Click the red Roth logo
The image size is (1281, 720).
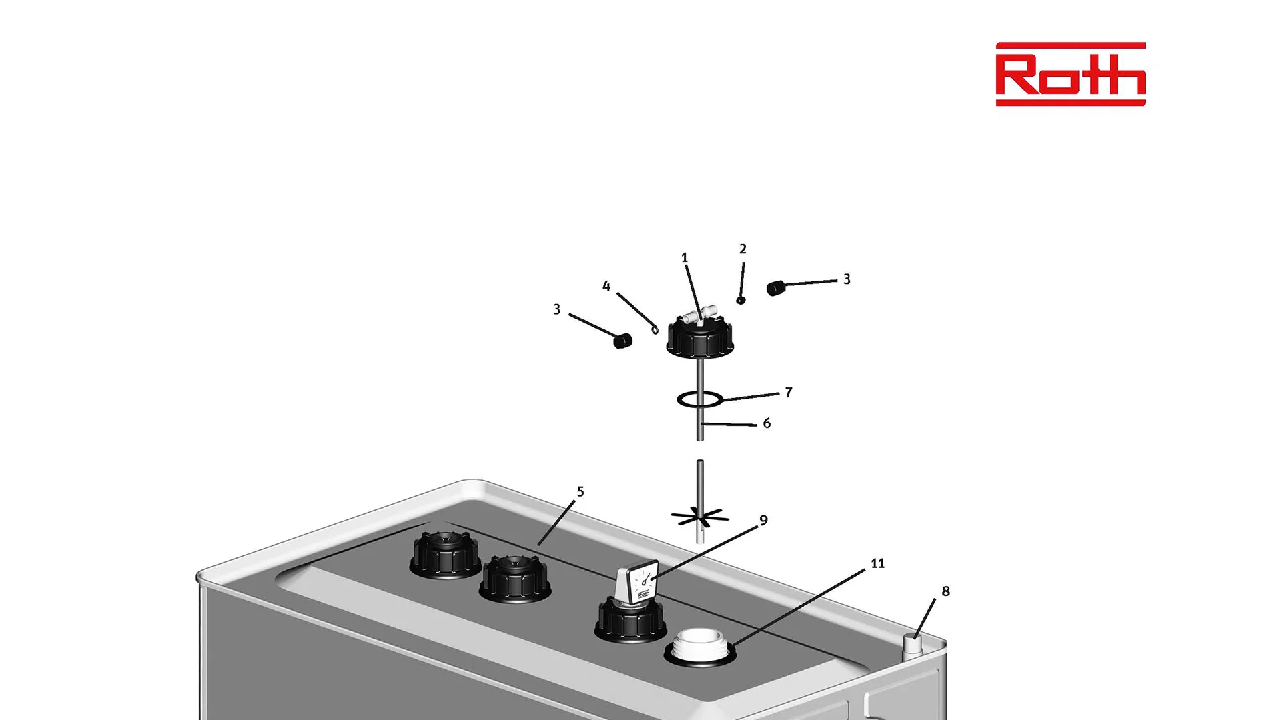1070,74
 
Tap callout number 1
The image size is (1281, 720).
684,257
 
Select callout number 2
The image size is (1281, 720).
743,249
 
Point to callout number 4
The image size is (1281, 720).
606,286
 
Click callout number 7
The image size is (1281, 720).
789,392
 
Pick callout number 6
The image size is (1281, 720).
767,423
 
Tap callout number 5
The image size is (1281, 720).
580,491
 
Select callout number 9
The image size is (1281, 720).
763,520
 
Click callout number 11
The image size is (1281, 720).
877,563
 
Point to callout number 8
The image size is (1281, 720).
945,591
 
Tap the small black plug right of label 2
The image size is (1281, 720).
775,288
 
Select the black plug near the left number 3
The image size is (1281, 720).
622,341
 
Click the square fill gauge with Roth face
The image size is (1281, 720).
638,584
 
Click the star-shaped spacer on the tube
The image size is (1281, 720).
699,517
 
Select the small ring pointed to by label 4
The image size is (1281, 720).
655,328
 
